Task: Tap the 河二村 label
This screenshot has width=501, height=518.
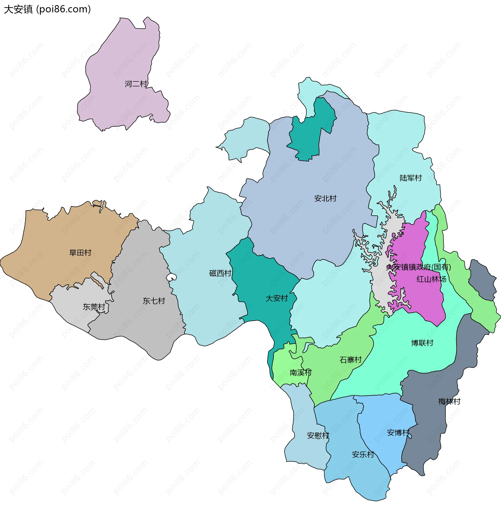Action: [x=136, y=84]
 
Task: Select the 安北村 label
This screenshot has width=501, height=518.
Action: [x=325, y=198]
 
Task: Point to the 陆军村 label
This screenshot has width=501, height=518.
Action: [x=410, y=178]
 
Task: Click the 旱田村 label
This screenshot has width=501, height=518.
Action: [x=80, y=253]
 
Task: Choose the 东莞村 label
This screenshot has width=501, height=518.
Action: [x=94, y=307]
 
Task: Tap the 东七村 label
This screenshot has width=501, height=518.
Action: [x=154, y=301]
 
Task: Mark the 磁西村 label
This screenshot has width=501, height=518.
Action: [x=220, y=273]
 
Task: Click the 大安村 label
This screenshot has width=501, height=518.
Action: [x=277, y=298]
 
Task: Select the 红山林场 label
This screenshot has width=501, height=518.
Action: [x=431, y=279]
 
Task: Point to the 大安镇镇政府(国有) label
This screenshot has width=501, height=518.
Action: [x=419, y=267]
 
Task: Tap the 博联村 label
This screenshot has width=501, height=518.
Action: [x=422, y=343]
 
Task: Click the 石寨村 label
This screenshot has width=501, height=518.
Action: [x=350, y=360]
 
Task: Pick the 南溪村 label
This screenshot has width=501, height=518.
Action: [x=301, y=373]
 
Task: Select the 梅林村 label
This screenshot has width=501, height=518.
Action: [x=449, y=401]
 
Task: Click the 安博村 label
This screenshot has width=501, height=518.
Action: [x=398, y=433]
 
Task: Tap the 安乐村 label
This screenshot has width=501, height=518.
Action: [x=363, y=455]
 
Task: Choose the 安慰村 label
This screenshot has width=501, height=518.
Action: [x=318, y=435]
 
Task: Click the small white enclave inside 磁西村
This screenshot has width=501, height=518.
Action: [x=171, y=277]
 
